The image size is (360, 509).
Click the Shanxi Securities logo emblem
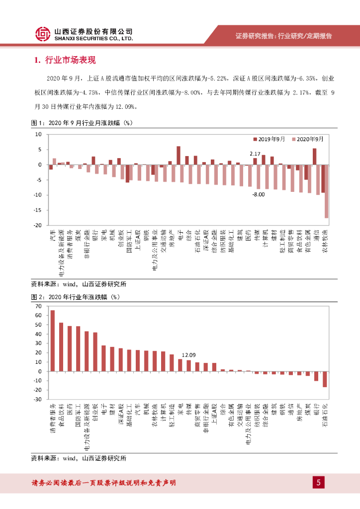tap(43, 34)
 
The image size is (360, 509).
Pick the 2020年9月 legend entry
tap(308, 140)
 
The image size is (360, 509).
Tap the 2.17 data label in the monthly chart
tap(255, 154)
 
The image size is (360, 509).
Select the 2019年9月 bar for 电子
tap(178, 155)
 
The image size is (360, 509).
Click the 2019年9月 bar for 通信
tap(314, 156)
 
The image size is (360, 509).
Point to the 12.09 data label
tap(189, 355)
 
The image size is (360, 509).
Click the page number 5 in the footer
tap(319, 482)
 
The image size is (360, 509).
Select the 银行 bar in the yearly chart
tap(316, 376)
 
